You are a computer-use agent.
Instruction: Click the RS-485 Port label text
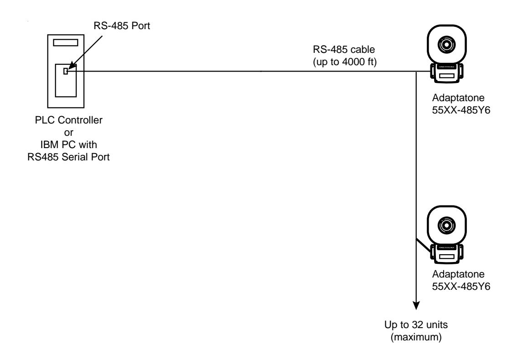[x=122, y=26]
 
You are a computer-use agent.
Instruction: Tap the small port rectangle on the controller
[x=65, y=71]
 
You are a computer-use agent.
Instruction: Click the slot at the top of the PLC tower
[x=66, y=42]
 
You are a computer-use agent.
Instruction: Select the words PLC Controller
[x=69, y=120]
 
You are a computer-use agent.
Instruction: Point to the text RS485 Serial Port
[x=68, y=157]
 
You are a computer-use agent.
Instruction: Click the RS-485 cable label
[x=344, y=50]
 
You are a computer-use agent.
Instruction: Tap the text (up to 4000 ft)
[x=345, y=62]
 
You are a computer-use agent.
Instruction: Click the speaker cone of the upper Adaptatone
[x=447, y=44]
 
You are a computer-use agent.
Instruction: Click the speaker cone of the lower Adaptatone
[x=447, y=225]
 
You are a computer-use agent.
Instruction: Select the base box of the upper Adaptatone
[x=447, y=73]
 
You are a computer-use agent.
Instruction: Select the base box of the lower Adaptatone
[x=447, y=254]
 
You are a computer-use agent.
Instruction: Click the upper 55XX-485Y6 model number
[x=461, y=110]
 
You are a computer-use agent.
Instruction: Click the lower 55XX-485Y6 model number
[x=461, y=286]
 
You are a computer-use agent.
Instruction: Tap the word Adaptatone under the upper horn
[x=458, y=98]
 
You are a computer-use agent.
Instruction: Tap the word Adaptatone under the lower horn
[x=458, y=274]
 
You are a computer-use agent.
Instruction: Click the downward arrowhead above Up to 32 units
[x=416, y=305]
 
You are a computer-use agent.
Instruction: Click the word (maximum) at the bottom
[x=416, y=337]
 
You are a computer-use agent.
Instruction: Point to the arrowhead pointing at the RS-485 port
[x=71, y=67]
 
